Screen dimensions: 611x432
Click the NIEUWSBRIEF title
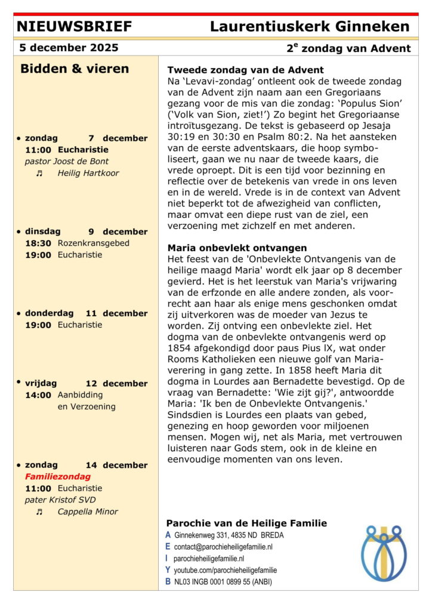pos(75,26)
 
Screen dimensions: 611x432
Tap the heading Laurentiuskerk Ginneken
pos(310,26)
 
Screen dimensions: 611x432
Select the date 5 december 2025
pos(69,48)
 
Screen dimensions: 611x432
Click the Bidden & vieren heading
pos(75,69)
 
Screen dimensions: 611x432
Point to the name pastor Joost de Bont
pos(67,161)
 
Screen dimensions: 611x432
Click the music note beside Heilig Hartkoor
pos(39,173)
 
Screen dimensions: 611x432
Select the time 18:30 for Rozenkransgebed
pos(38,243)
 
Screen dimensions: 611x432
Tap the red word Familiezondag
pos(58,476)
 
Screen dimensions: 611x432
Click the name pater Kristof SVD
pos(60,499)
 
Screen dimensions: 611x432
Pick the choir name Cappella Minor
pos(88,511)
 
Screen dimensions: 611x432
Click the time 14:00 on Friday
pos(38,394)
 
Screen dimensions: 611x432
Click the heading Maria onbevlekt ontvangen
pos(237,247)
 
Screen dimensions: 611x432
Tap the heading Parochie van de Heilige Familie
pos(246,523)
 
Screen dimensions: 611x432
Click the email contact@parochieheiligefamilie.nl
pos(223,547)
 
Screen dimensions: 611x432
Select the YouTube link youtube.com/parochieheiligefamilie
pos(225,570)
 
